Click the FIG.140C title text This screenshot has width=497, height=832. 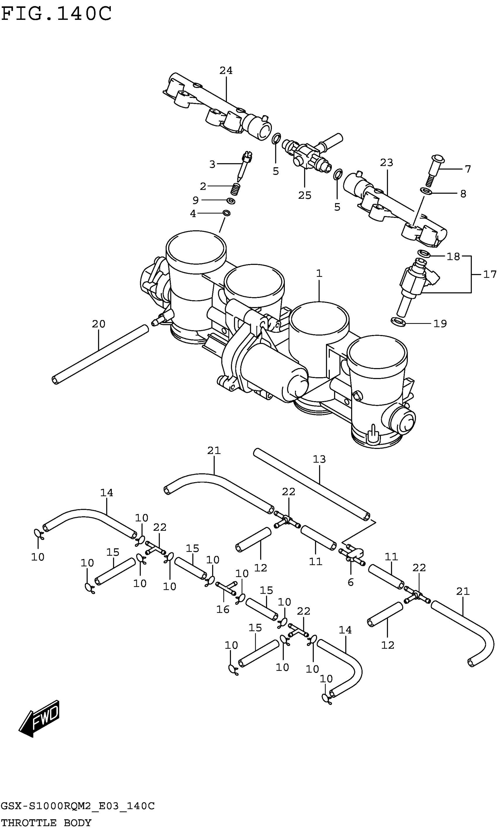click(56, 14)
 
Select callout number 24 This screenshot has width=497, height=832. click(226, 71)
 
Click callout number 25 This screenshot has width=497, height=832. click(304, 195)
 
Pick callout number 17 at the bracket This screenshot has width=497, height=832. click(489, 275)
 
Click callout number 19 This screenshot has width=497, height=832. click(440, 324)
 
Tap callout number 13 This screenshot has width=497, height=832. click(319, 459)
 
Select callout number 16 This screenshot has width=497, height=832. click(223, 609)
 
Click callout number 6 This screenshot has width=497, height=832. click(350, 582)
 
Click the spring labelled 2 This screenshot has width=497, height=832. click(236, 189)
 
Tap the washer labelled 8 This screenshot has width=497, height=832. click(426, 191)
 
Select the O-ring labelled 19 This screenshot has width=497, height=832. click(398, 322)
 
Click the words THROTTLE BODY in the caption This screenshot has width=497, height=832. click(46, 822)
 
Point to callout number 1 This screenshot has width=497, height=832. click(319, 274)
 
